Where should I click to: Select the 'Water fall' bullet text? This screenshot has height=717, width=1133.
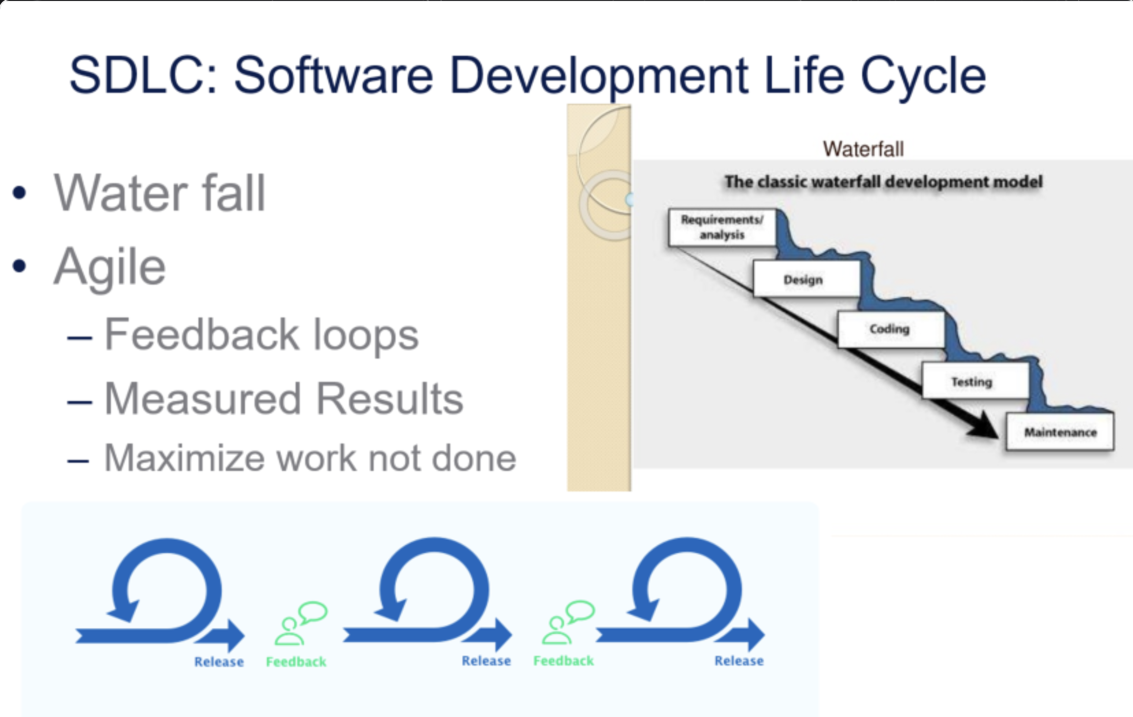click(159, 193)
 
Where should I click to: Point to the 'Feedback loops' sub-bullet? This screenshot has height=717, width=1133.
click(261, 335)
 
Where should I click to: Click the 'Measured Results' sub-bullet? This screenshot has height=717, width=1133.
click(283, 399)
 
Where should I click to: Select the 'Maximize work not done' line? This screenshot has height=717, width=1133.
click(310, 458)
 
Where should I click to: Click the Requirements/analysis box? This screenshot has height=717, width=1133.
click(722, 227)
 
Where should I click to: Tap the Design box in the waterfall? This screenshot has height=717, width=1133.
click(806, 279)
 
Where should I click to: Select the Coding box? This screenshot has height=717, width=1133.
click(891, 329)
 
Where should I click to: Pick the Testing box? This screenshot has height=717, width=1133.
click(975, 381)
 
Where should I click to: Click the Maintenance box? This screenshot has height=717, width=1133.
click(1060, 432)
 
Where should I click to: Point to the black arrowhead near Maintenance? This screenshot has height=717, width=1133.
click(982, 426)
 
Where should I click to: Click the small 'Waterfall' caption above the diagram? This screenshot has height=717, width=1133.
click(863, 149)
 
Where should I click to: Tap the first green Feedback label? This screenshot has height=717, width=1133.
click(296, 662)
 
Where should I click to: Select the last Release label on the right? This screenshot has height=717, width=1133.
click(739, 661)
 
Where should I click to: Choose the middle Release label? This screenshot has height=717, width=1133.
click(486, 661)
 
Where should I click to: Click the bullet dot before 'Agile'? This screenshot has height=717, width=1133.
click(19, 266)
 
